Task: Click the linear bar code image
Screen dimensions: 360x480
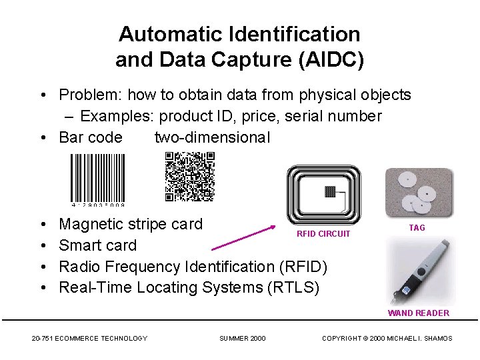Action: (98, 179)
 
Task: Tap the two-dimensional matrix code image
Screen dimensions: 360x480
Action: (190, 177)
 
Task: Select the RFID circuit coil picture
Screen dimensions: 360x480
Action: (323, 195)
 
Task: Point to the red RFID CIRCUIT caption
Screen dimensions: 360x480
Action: (323, 234)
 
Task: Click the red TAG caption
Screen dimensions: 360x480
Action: (417, 227)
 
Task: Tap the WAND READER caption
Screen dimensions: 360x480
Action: (418, 313)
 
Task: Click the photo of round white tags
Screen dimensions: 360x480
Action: (419, 193)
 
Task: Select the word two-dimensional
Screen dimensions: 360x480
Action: (212, 137)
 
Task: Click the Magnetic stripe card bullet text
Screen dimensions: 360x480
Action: (131, 224)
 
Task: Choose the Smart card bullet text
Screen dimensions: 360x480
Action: (97, 245)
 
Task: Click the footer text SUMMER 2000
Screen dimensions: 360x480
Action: (242, 338)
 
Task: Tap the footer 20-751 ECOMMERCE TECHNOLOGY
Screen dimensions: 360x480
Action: (89, 338)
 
